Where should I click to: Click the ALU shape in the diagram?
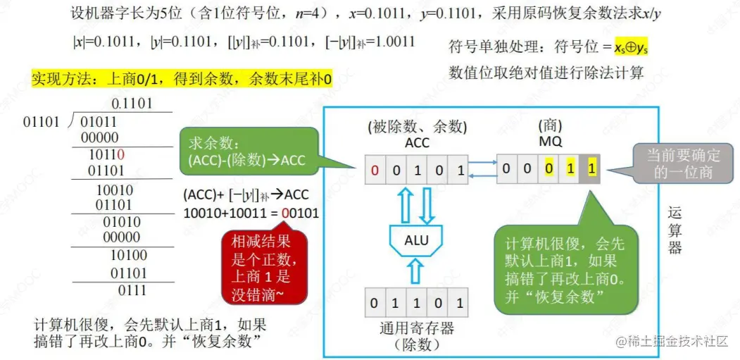click(x=415, y=240)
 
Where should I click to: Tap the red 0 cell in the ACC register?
click(x=375, y=169)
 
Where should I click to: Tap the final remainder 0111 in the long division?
click(x=132, y=290)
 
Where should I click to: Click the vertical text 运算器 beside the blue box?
click(x=675, y=230)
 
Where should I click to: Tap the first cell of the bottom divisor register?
click(x=375, y=303)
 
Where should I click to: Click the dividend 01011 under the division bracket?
click(x=99, y=122)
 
